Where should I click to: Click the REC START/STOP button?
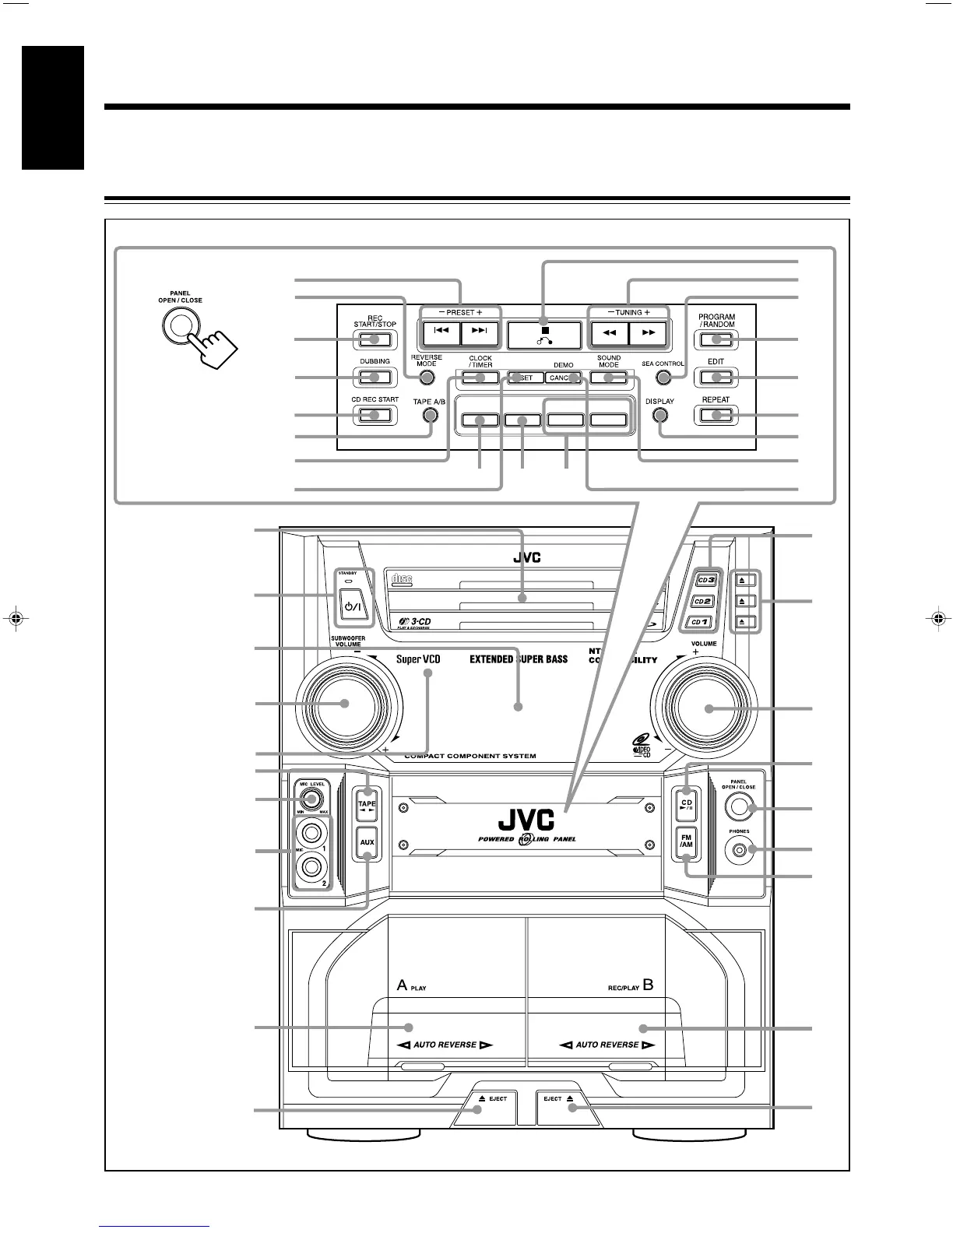coord(375,339)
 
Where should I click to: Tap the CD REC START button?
coord(375,415)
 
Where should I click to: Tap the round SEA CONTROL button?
coord(663,378)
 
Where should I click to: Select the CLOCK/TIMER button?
coord(480,378)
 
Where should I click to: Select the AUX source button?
coord(367,842)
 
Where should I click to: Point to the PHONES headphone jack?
coord(740,850)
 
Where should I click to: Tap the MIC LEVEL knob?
coord(311,799)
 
